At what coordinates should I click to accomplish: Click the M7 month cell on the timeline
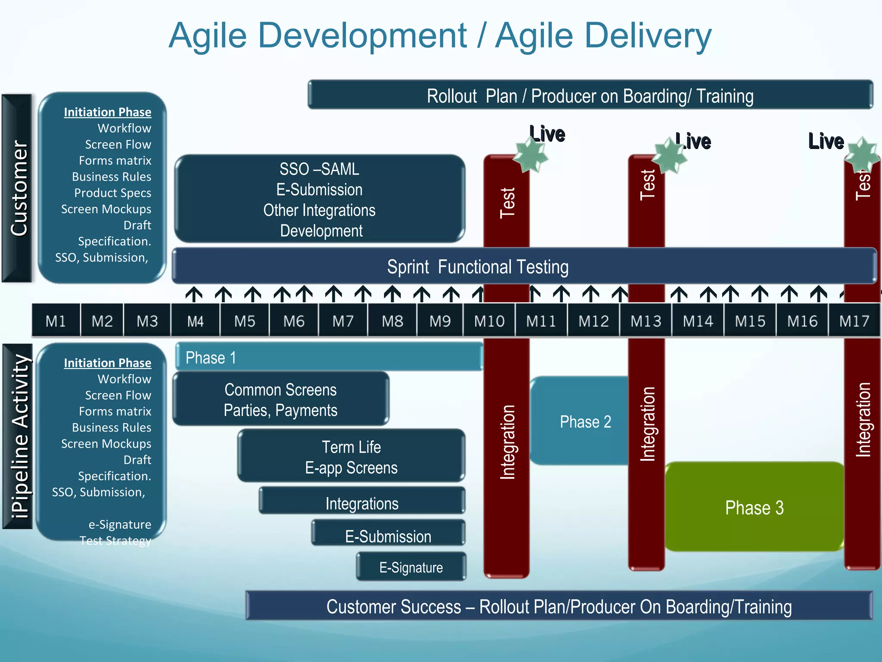pyautogui.click(x=343, y=321)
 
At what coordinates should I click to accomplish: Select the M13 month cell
pyautogui.click(x=646, y=321)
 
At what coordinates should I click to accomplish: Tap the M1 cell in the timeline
pyautogui.click(x=56, y=321)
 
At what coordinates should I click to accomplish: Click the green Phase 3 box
pyautogui.click(x=754, y=507)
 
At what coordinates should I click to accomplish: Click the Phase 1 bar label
pyautogui.click(x=211, y=358)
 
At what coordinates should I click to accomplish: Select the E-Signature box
pyautogui.click(x=411, y=567)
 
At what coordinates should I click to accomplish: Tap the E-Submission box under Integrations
pyautogui.click(x=388, y=536)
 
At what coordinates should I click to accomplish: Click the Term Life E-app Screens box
pyautogui.click(x=351, y=457)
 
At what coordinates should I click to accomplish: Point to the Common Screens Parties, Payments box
pyautogui.click(x=280, y=400)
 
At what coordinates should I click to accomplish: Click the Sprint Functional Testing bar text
pyautogui.click(x=478, y=267)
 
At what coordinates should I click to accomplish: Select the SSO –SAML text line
pyautogui.click(x=319, y=169)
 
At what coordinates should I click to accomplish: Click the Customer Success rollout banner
pyautogui.click(x=559, y=606)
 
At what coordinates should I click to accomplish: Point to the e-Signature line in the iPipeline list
pyautogui.click(x=120, y=525)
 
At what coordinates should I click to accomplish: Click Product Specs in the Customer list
pyautogui.click(x=112, y=193)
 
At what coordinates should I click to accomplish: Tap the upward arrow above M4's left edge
pyautogui.click(x=194, y=294)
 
